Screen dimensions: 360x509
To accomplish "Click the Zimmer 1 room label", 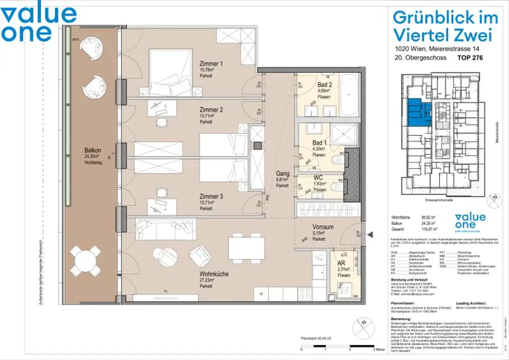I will click(x=211, y=64).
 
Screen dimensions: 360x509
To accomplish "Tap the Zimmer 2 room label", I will click(x=211, y=110).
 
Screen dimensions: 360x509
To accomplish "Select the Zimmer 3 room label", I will click(x=211, y=197).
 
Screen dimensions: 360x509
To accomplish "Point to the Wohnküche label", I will click(x=214, y=274).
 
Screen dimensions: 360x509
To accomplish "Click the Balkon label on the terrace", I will click(x=93, y=151).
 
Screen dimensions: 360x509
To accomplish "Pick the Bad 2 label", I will click(x=325, y=85).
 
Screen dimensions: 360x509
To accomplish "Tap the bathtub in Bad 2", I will click(x=353, y=95).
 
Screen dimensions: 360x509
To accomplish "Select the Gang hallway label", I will click(x=282, y=174).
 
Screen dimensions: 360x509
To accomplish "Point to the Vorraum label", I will click(x=323, y=227).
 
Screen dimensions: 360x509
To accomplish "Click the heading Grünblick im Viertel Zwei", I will click(x=445, y=26).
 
